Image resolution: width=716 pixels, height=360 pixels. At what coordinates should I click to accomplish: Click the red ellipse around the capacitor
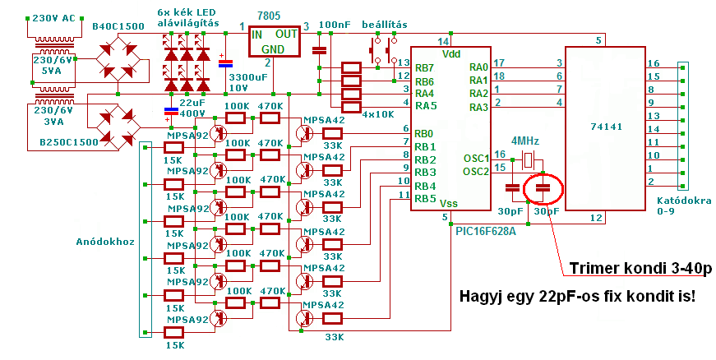coord(543,188)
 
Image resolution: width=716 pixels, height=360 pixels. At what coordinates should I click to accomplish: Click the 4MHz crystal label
coord(525,141)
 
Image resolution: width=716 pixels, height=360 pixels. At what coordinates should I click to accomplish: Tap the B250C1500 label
coord(69,141)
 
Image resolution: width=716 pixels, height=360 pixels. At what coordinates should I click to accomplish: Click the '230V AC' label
coord(53,17)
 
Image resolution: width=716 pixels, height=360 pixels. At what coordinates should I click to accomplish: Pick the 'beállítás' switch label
coord(384,26)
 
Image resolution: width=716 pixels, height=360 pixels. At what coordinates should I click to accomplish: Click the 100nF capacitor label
coord(335,26)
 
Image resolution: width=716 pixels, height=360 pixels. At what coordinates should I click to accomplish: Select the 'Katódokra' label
coord(684,201)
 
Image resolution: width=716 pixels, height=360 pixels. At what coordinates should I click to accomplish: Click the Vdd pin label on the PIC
coord(451,53)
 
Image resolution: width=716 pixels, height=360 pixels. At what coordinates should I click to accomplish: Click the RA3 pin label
coord(478,107)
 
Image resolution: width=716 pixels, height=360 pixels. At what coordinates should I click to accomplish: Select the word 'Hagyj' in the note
coord(485,294)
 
